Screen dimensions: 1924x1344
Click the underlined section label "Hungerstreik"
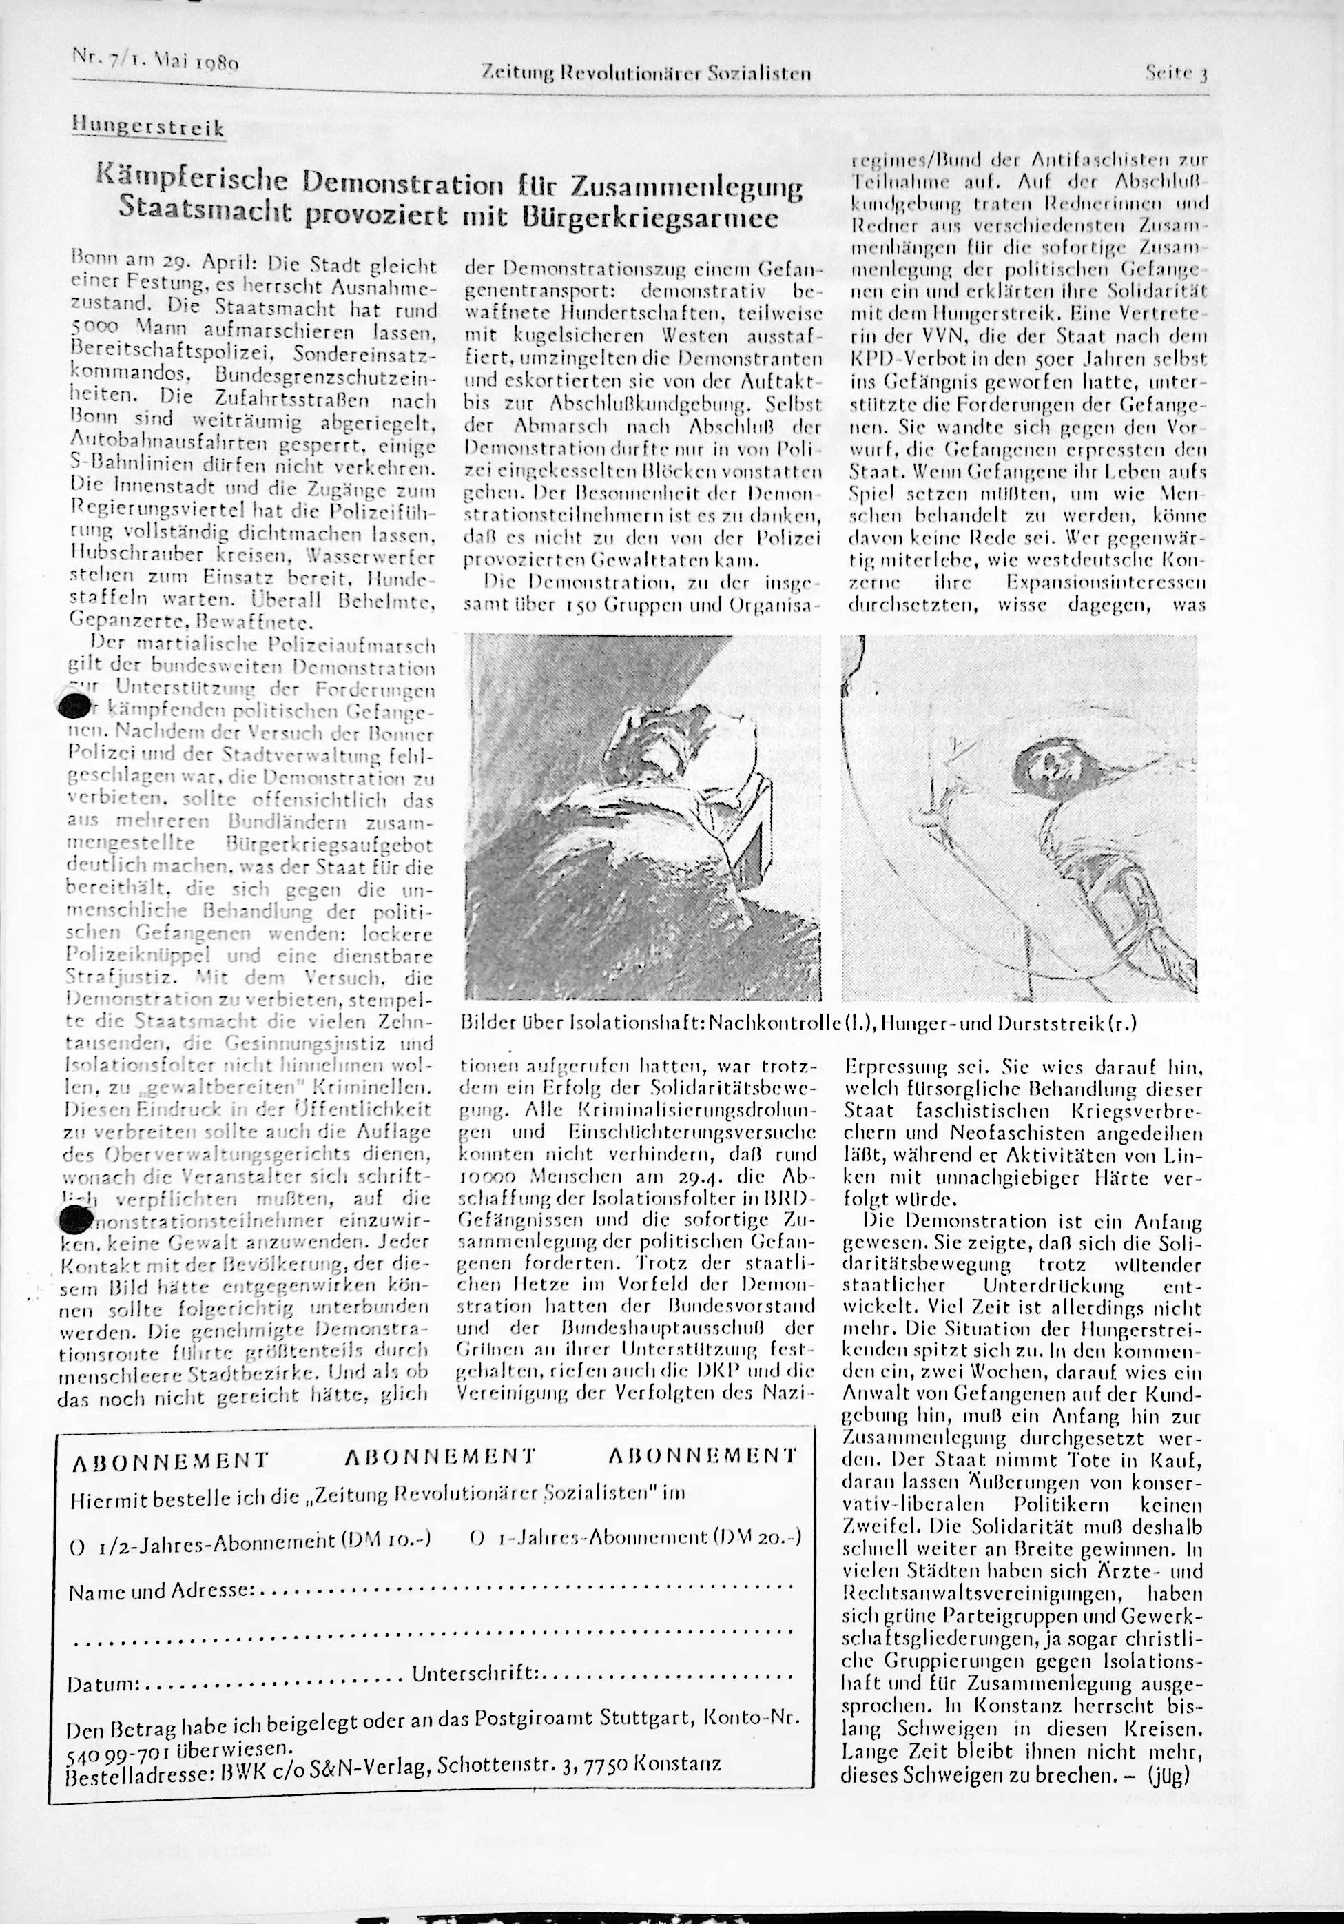[148, 129]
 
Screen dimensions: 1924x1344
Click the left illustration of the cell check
[642, 818]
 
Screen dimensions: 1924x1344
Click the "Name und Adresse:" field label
[158, 1590]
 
